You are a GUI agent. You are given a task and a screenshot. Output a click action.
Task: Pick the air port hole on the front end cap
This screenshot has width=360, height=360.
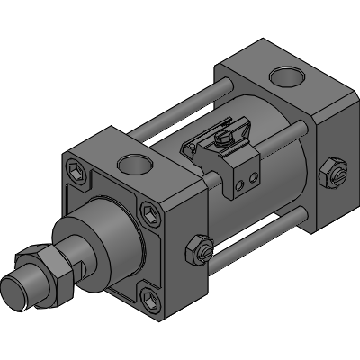pos(134,164)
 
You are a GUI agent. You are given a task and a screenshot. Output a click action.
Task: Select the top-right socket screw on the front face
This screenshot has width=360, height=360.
pos(148,215)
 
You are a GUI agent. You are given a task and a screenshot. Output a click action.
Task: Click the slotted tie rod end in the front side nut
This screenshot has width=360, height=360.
pos(207,258)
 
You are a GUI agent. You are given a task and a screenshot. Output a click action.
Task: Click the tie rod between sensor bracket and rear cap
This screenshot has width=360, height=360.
pos(279,136)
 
